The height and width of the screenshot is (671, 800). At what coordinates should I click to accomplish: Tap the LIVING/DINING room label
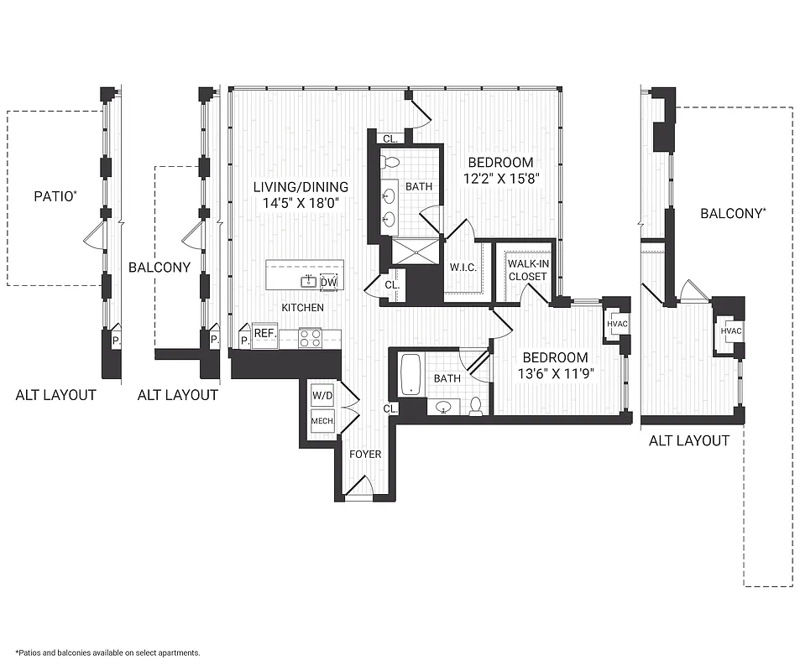(x=301, y=187)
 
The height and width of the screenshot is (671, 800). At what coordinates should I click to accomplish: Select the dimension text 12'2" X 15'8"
(x=500, y=178)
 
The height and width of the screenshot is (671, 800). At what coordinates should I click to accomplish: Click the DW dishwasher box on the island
(x=329, y=282)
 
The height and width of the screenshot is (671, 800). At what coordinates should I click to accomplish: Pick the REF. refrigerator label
(x=265, y=334)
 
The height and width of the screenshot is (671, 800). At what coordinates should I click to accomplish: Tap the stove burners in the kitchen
(x=311, y=337)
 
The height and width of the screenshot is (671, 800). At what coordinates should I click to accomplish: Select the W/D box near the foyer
(x=322, y=395)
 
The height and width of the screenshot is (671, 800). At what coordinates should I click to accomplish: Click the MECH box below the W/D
(x=322, y=422)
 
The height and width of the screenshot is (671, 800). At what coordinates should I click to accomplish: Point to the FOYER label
(x=365, y=455)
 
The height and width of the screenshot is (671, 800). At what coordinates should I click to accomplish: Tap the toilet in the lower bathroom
(x=476, y=407)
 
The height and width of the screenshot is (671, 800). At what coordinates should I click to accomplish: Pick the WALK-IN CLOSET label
(x=526, y=270)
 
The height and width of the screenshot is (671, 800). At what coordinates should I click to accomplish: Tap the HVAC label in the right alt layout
(x=731, y=331)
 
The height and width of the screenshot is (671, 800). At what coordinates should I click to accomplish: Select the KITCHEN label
(x=302, y=308)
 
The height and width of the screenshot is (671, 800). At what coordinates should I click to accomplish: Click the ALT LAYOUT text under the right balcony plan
(x=689, y=440)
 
